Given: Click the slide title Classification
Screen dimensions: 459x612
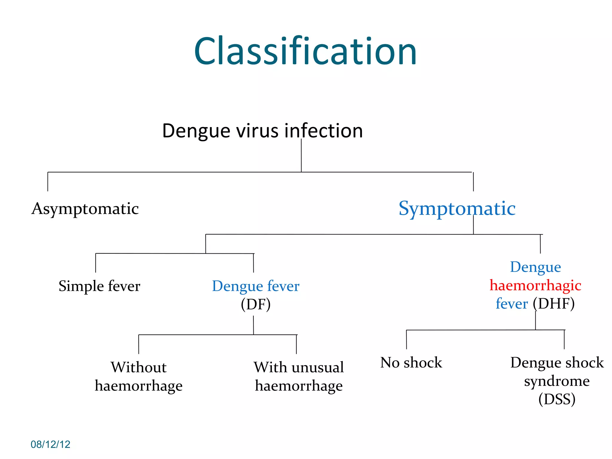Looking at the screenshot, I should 305,51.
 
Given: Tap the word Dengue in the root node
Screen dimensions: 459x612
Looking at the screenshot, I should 196,131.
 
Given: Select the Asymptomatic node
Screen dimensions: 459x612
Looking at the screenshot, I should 85,209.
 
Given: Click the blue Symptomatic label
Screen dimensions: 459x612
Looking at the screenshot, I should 457,208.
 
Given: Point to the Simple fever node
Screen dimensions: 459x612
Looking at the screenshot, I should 99,286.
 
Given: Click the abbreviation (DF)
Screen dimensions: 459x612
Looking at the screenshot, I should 256,304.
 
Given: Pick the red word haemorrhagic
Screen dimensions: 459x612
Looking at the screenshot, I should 535,285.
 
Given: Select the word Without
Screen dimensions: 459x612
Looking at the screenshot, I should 139,367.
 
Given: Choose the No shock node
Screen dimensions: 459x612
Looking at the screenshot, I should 411,362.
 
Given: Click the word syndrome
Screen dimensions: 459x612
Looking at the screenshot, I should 557,381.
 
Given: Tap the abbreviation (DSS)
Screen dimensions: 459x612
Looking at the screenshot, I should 557,399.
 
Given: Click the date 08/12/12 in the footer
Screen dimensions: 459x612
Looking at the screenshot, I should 51,444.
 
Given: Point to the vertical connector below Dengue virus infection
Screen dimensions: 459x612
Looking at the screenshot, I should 301,155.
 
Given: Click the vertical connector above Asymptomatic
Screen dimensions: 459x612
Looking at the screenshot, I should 48,182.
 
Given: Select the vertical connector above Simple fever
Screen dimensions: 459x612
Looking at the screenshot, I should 96,263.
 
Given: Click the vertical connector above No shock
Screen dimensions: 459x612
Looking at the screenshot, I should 406,339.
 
